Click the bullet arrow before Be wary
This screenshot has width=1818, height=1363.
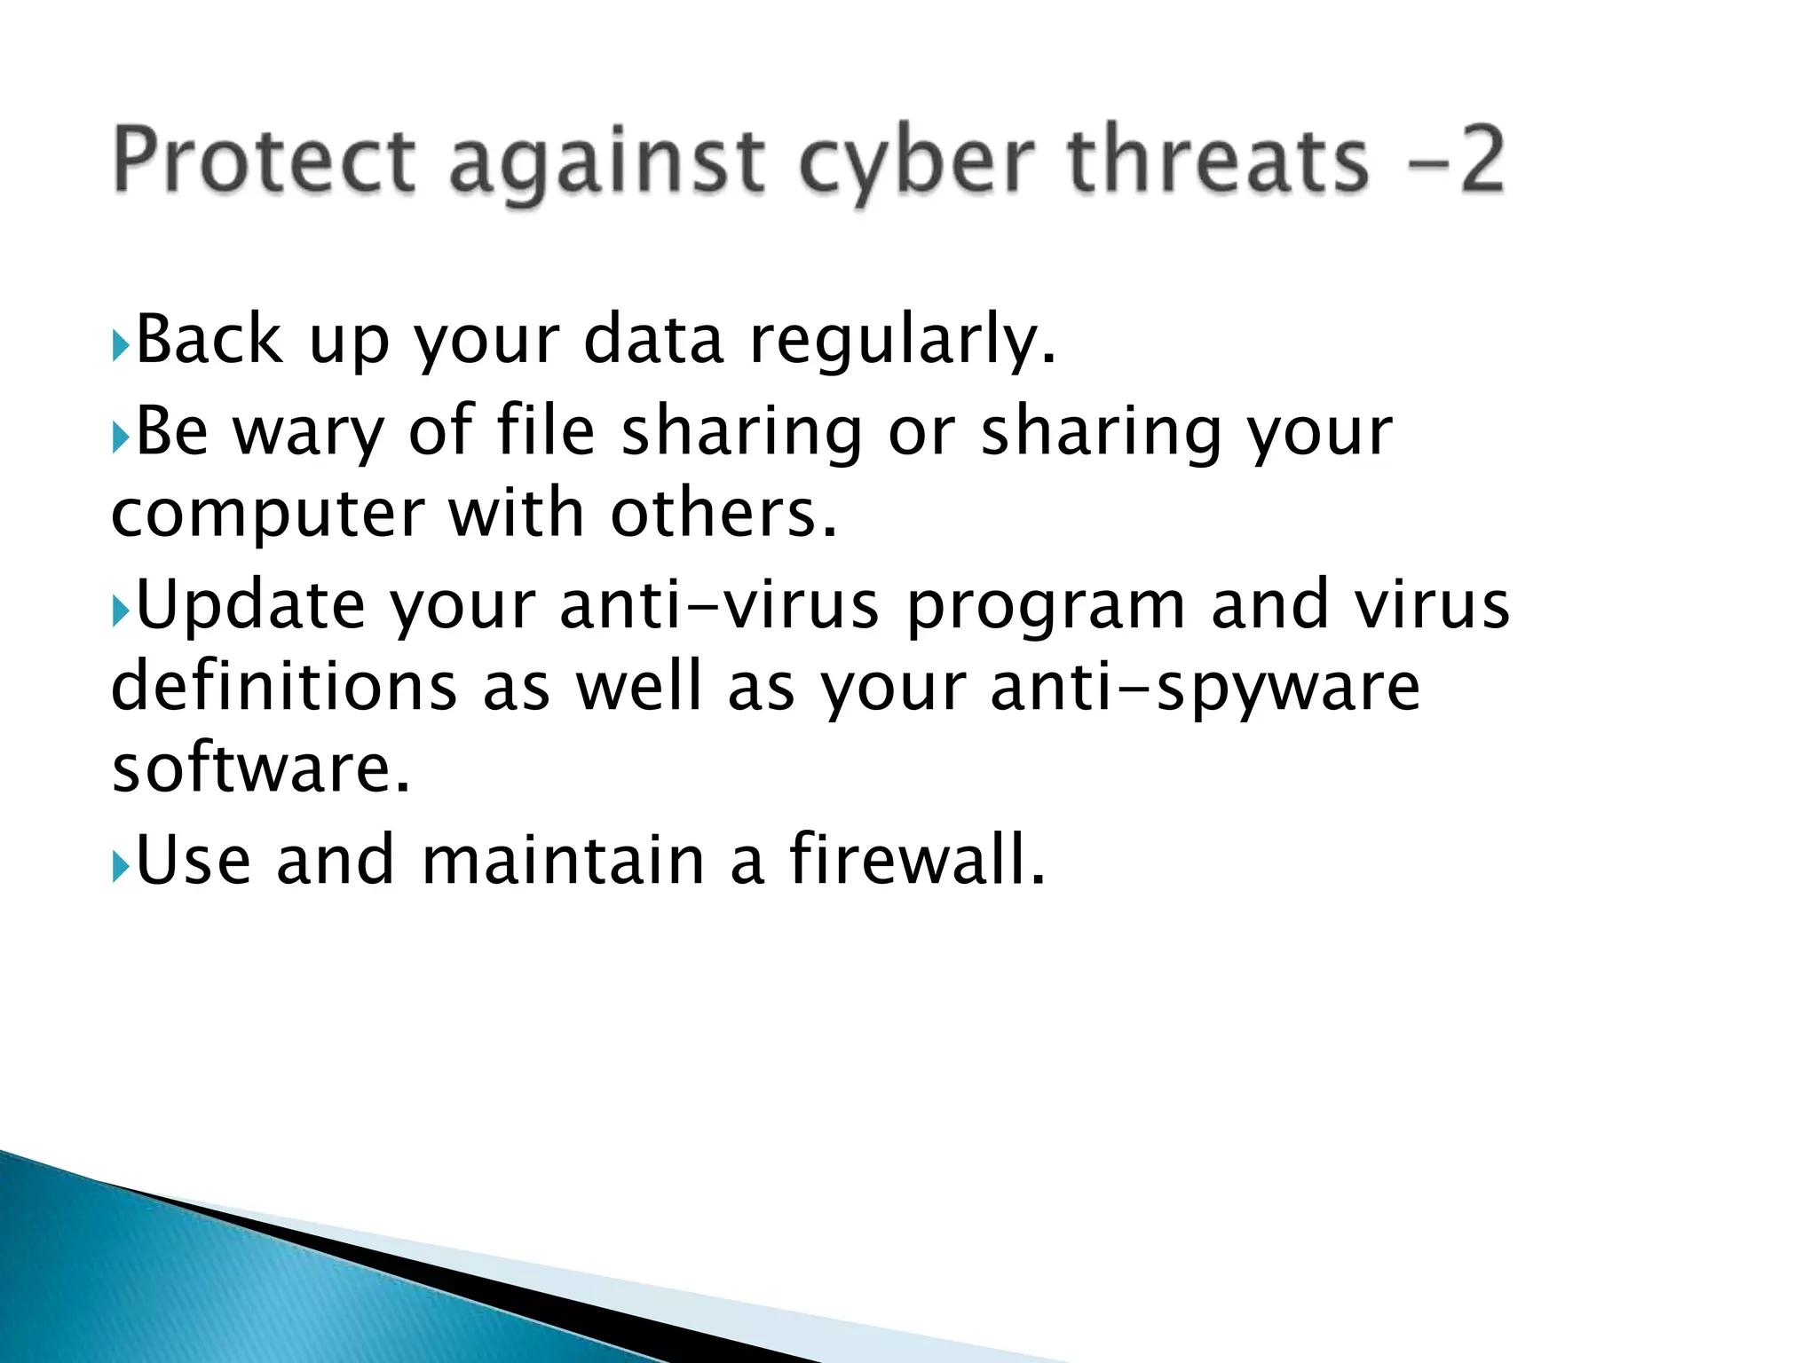click(x=122, y=437)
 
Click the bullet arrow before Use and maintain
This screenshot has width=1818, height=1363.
click(x=122, y=866)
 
